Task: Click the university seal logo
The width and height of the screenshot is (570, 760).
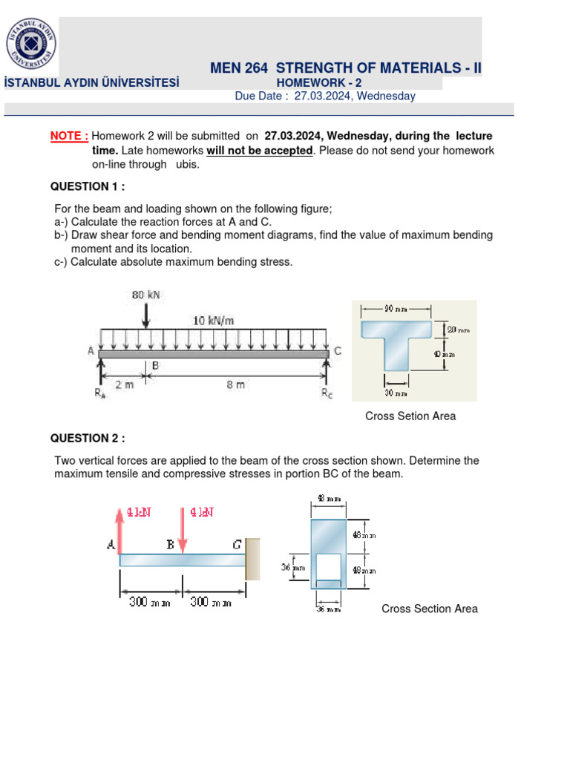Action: tap(30, 43)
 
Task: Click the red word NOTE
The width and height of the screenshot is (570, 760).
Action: tap(69, 137)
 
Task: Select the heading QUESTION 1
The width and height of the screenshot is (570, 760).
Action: tap(88, 186)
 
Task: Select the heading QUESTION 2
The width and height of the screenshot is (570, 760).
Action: tap(88, 438)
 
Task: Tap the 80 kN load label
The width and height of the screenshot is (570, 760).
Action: tap(146, 295)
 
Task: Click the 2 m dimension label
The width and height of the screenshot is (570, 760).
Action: tap(123, 384)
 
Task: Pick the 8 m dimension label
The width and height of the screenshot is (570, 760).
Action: tap(235, 384)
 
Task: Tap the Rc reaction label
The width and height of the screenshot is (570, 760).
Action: tap(327, 393)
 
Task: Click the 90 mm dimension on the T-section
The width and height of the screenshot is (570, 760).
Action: tap(395, 308)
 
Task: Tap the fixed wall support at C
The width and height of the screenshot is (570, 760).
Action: tap(253, 558)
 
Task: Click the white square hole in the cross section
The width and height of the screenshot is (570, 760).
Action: tap(327, 566)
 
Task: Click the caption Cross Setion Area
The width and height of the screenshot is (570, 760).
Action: tap(410, 416)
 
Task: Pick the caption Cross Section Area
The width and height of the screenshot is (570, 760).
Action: tap(429, 609)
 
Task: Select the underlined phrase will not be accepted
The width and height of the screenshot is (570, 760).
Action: tap(259, 151)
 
